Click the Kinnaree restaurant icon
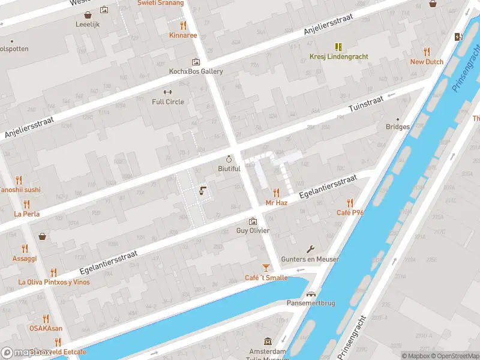tap(183, 25)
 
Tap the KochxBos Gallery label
tap(196, 71)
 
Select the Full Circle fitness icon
tap(168, 92)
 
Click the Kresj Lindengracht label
tap(338, 57)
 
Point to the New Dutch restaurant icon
tap(427, 52)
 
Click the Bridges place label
tap(398, 127)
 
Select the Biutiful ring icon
tap(229, 159)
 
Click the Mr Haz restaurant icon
tap(277, 193)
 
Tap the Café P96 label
tap(350, 213)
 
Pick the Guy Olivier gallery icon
tap(253, 221)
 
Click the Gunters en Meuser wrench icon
tap(311, 249)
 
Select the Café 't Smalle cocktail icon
tap(266, 268)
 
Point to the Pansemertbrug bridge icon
tap(311, 294)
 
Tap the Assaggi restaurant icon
tap(25, 248)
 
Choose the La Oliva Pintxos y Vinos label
tap(53, 282)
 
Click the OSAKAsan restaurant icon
tap(46, 319)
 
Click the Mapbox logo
tap(27, 353)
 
